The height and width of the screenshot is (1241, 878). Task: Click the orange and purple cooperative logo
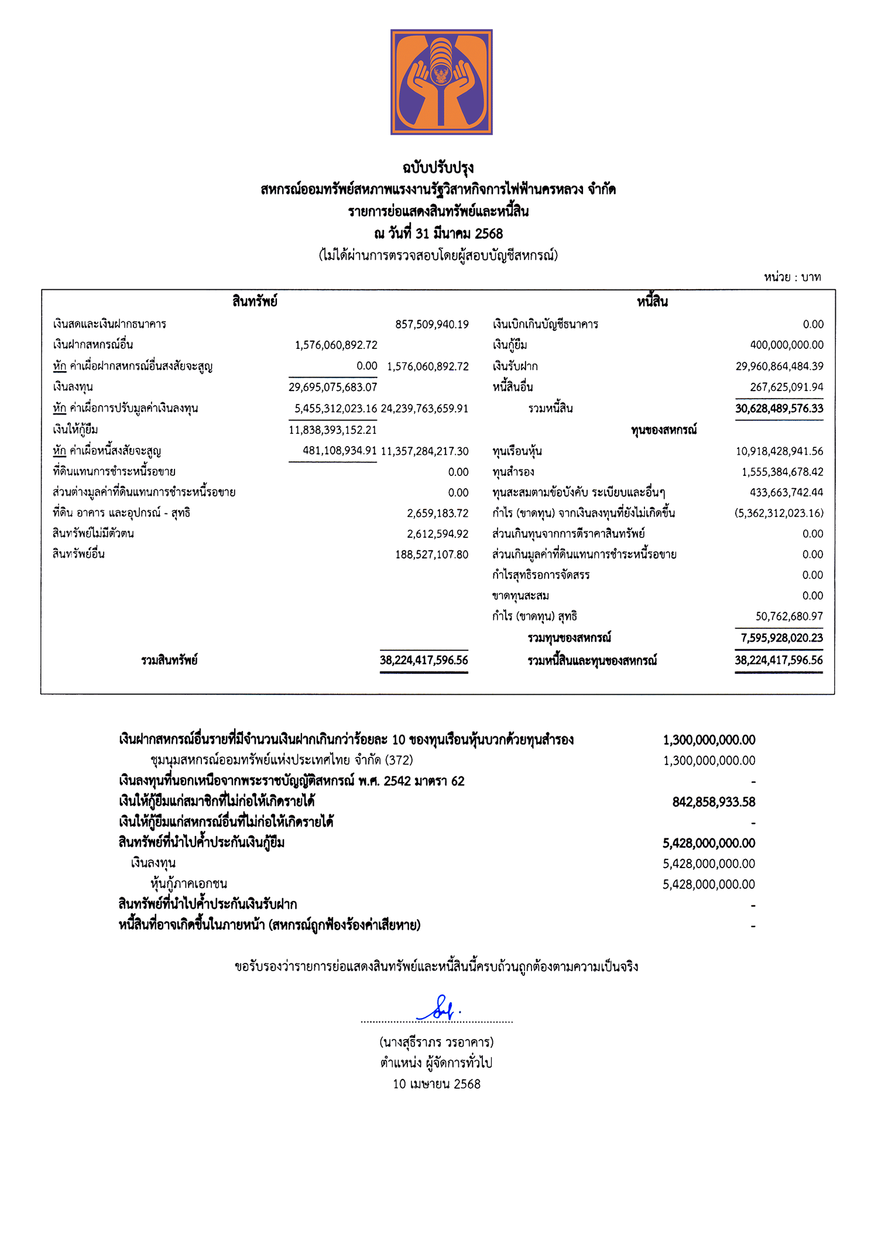(441, 82)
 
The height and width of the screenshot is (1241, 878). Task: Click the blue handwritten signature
(439, 1009)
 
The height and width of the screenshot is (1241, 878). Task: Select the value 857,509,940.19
(431, 324)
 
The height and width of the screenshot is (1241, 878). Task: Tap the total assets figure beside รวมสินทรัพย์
(424, 660)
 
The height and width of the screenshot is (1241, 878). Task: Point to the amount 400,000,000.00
(786, 345)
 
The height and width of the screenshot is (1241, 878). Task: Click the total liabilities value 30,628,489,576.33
(779, 409)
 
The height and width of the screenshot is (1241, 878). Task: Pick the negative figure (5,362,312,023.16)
(778, 513)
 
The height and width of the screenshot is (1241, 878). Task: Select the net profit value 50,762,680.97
(788, 616)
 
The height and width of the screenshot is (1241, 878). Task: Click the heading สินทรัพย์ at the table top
(255, 302)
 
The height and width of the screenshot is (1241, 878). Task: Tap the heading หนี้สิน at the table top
(652, 302)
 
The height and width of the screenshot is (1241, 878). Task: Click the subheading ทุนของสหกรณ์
(664, 430)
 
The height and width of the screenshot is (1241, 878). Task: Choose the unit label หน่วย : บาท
(792, 277)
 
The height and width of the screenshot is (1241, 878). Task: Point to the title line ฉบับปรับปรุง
(438, 168)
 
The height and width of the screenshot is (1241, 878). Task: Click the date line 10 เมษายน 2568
(437, 1084)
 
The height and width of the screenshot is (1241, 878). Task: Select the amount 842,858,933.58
(714, 802)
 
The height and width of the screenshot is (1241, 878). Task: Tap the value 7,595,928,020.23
(781, 638)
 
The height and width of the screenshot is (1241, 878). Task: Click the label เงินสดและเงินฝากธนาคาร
(109, 324)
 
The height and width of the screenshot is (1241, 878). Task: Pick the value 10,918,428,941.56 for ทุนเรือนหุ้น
(779, 451)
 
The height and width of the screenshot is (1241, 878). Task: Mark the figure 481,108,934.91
(339, 451)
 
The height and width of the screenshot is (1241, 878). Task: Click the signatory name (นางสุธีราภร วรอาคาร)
(437, 1043)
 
